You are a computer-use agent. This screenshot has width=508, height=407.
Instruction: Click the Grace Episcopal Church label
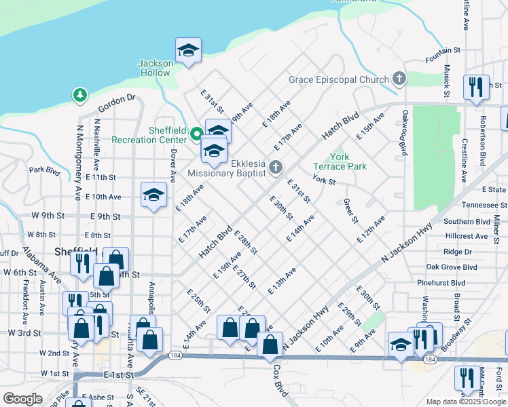click(338, 79)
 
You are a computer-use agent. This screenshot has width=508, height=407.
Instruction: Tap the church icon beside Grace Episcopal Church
click(399, 79)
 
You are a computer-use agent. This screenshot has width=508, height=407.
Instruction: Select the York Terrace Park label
click(339, 161)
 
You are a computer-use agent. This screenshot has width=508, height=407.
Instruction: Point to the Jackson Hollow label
click(155, 68)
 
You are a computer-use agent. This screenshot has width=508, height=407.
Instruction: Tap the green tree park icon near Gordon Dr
click(80, 95)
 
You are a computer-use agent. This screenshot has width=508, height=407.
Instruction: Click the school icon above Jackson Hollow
click(188, 51)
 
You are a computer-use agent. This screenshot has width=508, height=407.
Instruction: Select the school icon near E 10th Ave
click(154, 196)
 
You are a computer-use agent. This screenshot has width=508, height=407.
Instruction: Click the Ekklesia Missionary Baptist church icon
click(275, 167)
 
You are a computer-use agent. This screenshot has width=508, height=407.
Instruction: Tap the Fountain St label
click(443, 50)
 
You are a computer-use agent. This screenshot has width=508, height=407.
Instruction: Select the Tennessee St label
click(484, 205)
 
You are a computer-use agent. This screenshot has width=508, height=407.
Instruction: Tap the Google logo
click(22, 398)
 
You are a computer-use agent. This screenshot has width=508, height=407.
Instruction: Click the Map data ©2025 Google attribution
click(465, 402)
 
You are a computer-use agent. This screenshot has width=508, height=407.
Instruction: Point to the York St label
click(324, 180)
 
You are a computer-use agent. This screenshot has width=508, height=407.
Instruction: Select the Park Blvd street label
click(44, 170)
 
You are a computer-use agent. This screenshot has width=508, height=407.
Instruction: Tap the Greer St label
click(350, 211)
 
